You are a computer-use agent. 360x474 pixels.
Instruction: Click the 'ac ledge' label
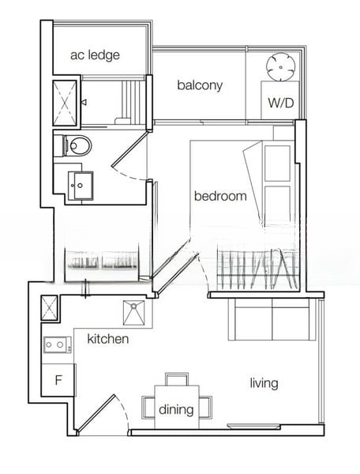(95, 55)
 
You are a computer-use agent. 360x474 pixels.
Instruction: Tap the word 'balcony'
(200, 85)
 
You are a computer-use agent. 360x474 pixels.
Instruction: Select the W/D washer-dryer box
(280, 100)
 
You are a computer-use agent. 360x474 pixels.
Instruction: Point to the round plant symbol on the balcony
(280, 67)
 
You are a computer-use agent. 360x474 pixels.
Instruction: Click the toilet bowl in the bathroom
(77, 145)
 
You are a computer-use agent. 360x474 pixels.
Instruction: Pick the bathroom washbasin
(81, 186)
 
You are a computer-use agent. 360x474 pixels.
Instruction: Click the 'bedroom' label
(220, 196)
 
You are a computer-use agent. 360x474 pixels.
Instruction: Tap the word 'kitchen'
(108, 339)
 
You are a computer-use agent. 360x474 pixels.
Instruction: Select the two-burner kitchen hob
(58, 344)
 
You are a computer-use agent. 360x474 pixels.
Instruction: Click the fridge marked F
(58, 380)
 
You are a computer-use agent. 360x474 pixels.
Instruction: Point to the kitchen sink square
(133, 313)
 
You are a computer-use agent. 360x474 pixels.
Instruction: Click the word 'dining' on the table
(176, 409)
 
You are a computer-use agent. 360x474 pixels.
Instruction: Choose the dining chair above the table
(178, 379)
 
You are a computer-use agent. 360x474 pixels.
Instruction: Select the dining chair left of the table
(148, 407)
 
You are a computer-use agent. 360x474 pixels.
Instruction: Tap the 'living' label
(264, 383)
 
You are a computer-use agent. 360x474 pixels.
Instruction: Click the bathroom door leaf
(129, 149)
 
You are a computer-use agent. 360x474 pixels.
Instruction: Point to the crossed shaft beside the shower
(65, 103)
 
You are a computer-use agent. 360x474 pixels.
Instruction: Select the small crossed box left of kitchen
(49, 308)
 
